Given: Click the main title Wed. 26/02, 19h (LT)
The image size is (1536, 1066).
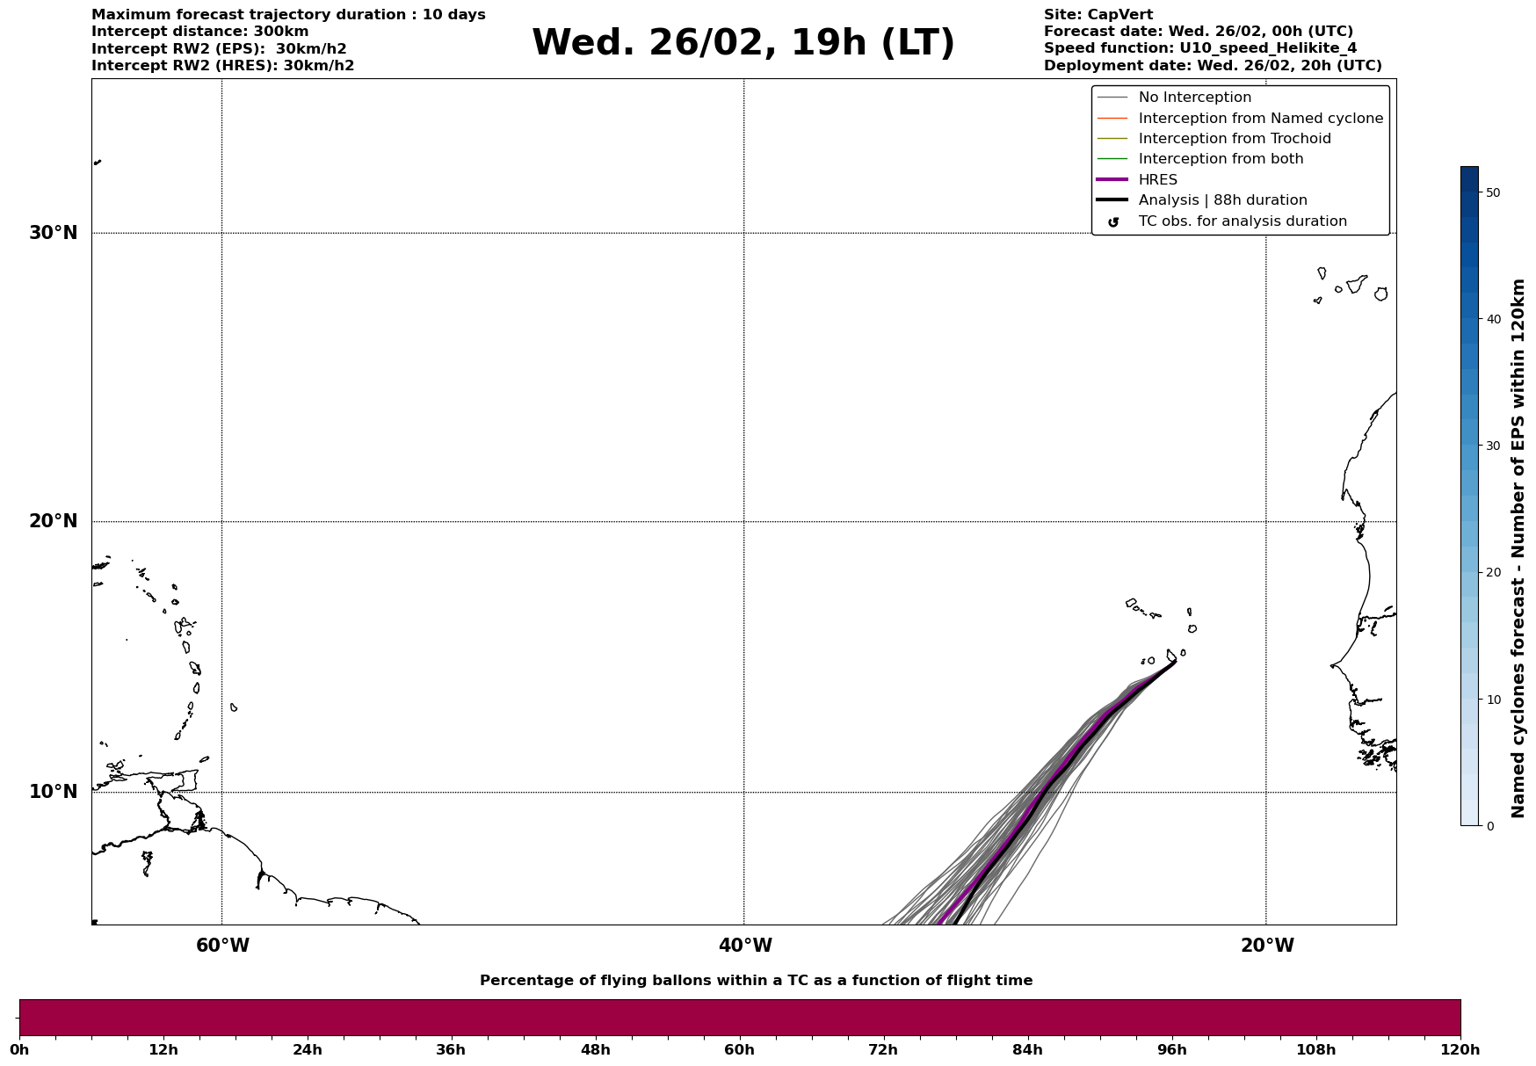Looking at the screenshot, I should pyautogui.click(x=743, y=43).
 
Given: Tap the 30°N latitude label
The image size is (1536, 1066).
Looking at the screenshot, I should pyautogui.click(x=54, y=233).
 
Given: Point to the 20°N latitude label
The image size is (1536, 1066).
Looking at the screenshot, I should pyautogui.click(x=54, y=521).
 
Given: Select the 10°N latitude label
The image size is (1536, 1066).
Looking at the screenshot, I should pyautogui.click(x=54, y=792).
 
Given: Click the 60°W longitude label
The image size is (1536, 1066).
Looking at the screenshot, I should pyautogui.click(x=222, y=946).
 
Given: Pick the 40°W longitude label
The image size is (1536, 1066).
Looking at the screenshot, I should pyautogui.click(x=745, y=946).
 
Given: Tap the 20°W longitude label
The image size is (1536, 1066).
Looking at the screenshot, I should pyautogui.click(x=1267, y=946).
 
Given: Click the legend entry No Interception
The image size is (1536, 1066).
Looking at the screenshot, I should pyautogui.click(x=1194, y=98).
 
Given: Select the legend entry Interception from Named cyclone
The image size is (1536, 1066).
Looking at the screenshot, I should pyautogui.click(x=1260, y=119).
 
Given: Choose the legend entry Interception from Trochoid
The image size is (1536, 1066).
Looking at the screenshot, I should pyautogui.click(x=1234, y=139).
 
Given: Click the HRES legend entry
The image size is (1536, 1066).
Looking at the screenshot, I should pyautogui.click(x=1157, y=180).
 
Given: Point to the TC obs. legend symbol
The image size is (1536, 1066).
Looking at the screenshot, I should pyautogui.click(x=1113, y=222).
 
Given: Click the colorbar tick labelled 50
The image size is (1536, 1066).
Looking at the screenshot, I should pyautogui.click(x=1492, y=192).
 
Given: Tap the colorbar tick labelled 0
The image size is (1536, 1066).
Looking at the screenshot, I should pyautogui.click(x=1489, y=826).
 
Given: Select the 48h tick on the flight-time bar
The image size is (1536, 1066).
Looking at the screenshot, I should pyautogui.click(x=595, y=1049).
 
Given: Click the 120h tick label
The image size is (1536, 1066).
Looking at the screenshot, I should pyautogui.click(x=1460, y=1049).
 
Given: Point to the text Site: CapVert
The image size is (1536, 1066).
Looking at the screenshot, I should pyautogui.click(x=1098, y=15).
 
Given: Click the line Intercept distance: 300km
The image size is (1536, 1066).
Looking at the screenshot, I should pyautogui.click(x=200, y=32).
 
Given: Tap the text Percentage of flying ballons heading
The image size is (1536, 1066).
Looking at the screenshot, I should pyautogui.click(x=756, y=981).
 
